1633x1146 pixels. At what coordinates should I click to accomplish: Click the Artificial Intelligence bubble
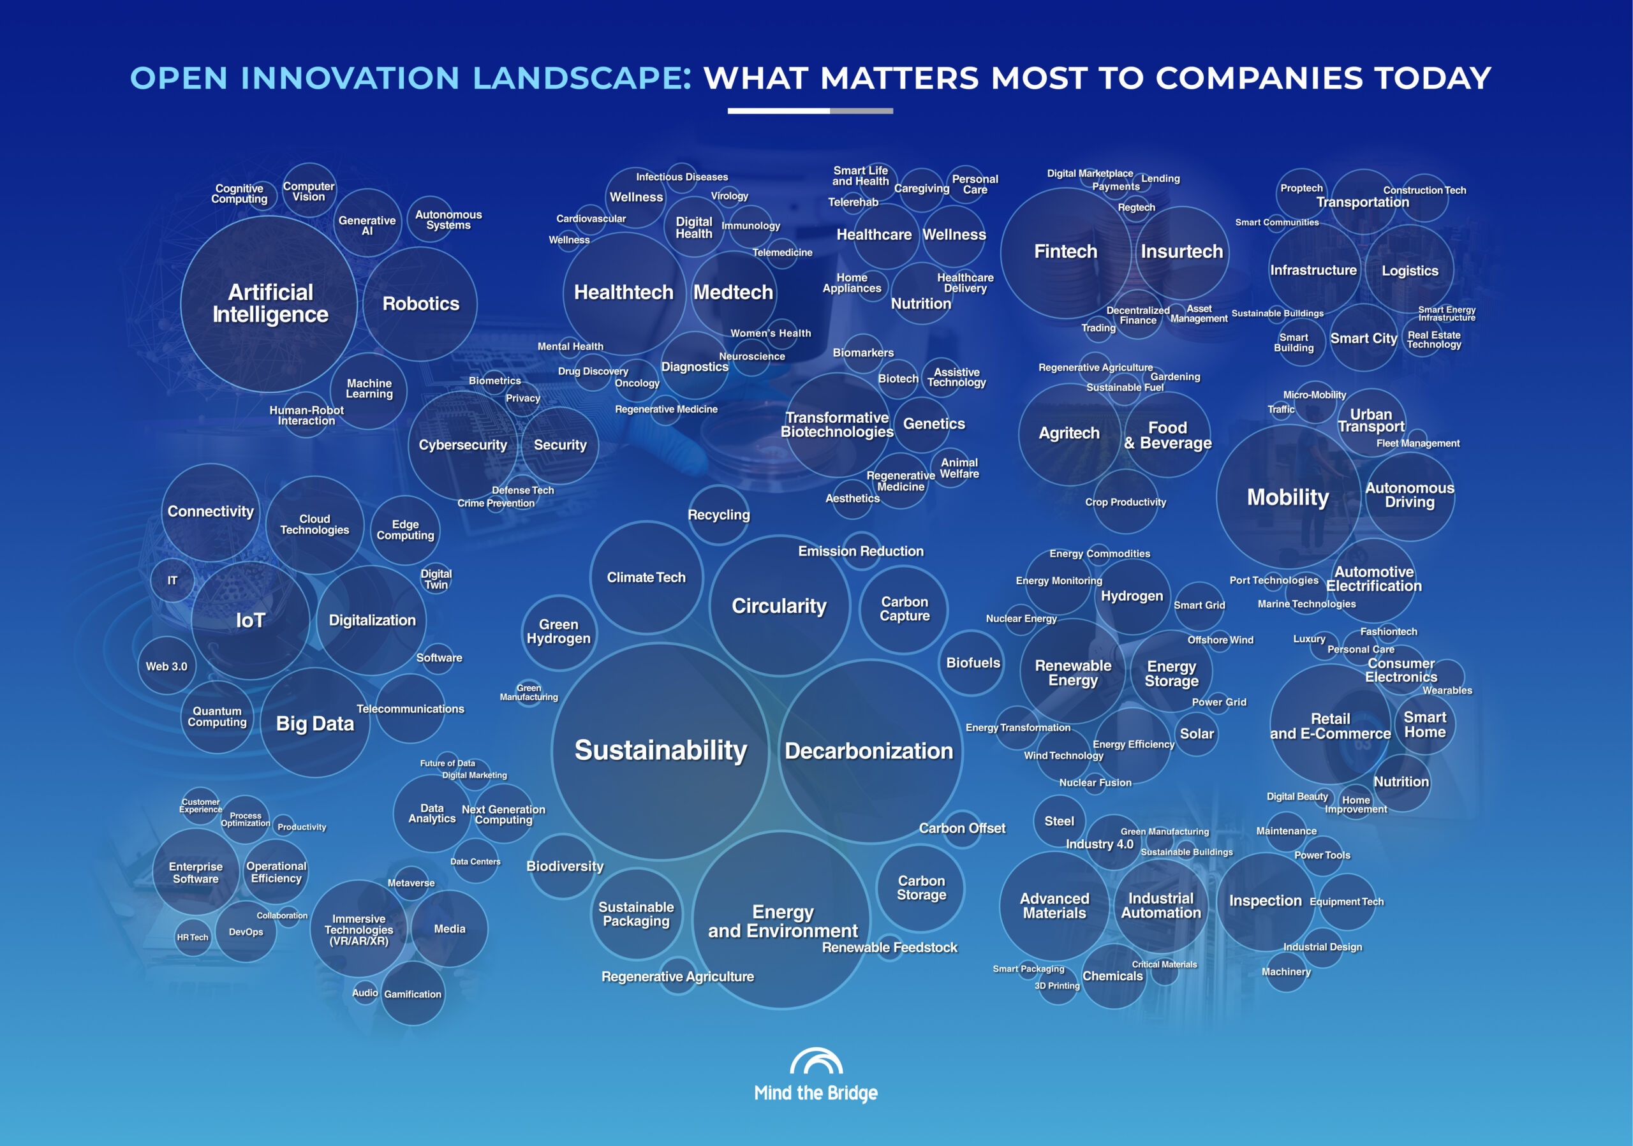270,304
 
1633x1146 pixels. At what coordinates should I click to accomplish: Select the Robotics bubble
420,304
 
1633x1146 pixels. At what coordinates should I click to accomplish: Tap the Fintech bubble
1065,253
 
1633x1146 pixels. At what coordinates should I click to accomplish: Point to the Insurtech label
1181,252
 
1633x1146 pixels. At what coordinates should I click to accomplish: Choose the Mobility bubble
1288,497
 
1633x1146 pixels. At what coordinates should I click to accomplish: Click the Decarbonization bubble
869,751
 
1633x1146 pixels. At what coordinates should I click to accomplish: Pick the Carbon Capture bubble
904,609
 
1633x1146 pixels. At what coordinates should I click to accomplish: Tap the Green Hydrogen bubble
559,632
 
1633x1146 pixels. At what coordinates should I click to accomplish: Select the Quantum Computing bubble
217,717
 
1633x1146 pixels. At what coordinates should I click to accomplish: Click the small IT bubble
172,580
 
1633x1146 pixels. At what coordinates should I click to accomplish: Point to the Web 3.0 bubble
166,666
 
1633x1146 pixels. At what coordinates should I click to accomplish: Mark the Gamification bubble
413,993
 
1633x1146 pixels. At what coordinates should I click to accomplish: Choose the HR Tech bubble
193,937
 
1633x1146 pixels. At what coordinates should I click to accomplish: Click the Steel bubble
1059,821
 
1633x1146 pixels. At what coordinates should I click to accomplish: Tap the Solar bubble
1197,733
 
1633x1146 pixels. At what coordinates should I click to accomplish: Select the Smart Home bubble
1424,724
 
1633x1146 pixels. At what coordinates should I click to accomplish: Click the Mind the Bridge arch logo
816,1061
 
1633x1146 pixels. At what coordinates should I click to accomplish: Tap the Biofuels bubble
973,663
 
